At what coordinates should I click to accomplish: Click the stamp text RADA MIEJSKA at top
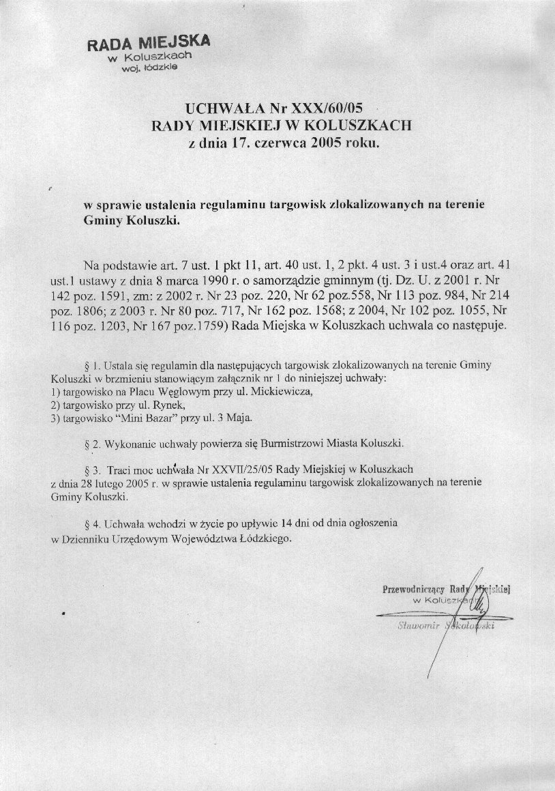point(149,44)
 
